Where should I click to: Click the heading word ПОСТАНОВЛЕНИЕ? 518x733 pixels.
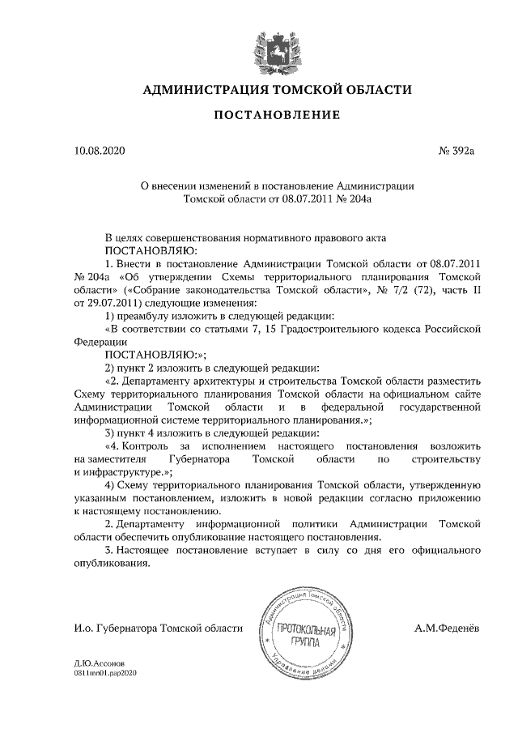pos(276,115)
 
